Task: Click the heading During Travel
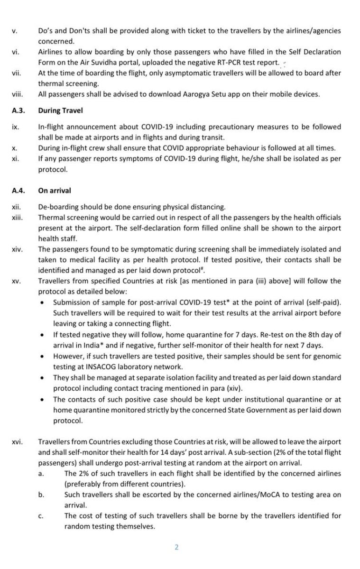point(60,110)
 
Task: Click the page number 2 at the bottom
point(176,547)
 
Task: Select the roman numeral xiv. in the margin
point(16,248)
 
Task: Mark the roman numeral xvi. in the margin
point(16,441)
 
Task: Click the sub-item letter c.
point(41,515)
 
